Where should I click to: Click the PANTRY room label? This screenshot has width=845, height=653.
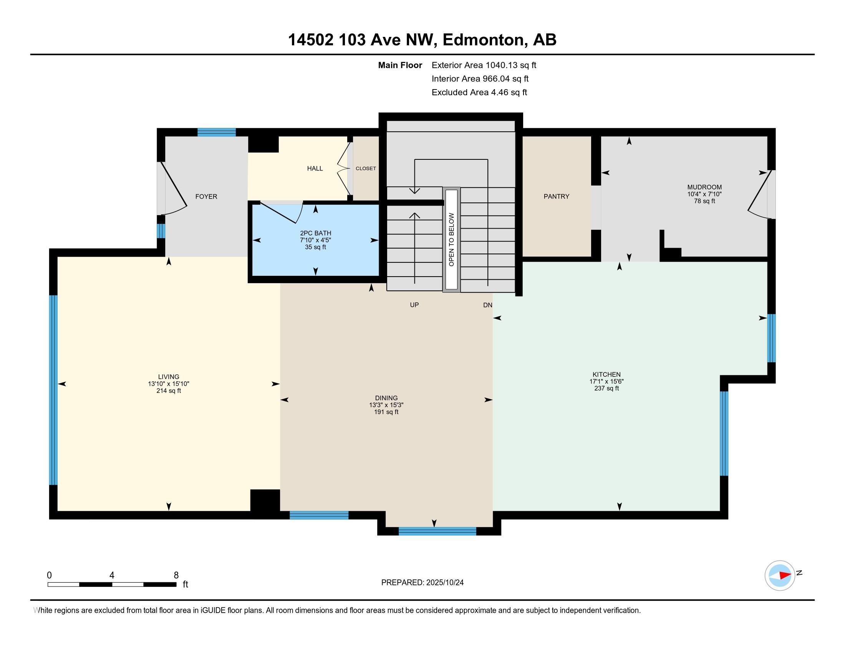pyautogui.click(x=556, y=196)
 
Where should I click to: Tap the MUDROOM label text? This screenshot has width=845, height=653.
pyautogui.click(x=704, y=187)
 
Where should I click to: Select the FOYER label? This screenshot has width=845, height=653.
pyautogui.click(x=206, y=197)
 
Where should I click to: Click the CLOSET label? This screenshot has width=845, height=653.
pyautogui.click(x=366, y=168)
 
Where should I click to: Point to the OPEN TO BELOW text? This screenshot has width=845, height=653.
pyautogui.click(x=451, y=239)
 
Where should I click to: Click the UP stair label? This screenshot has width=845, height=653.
pyautogui.click(x=414, y=305)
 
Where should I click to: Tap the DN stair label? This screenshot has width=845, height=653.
pyautogui.click(x=487, y=305)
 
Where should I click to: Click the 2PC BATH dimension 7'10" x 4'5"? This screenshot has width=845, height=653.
pyautogui.click(x=315, y=240)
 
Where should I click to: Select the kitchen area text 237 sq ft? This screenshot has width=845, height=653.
pyautogui.click(x=606, y=388)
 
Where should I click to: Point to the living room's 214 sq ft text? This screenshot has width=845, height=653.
pyautogui.click(x=168, y=391)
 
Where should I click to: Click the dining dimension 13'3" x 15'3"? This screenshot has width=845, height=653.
pyautogui.click(x=386, y=405)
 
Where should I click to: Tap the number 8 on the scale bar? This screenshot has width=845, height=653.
pyautogui.click(x=176, y=575)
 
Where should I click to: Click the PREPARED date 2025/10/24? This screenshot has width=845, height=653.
pyautogui.click(x=444, y=583)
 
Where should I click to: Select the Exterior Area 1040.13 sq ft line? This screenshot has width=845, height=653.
pyautogui.click(x=484, y=65)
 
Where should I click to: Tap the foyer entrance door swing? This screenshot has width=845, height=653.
pyautogui.click(x=174, y=189)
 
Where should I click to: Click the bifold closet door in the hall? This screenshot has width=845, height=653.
pyautogui.click(x=343, y=169)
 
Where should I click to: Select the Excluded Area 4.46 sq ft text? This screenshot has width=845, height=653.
pyautogui.click(x=479, y=93)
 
